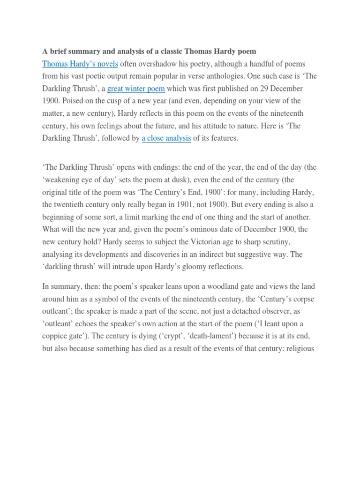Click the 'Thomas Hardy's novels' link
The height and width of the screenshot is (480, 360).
[x=80, y=64]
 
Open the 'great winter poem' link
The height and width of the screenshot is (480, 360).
[x=136, y=89]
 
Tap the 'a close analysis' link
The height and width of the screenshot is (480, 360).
[x=166, y=138]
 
